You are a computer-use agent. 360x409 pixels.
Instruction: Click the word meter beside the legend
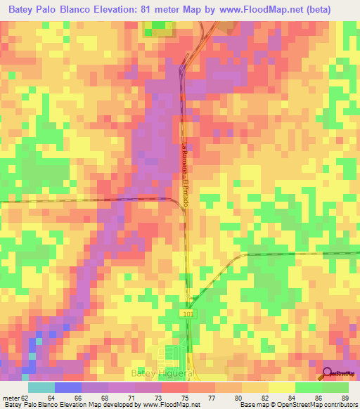[x=9, y=398]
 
